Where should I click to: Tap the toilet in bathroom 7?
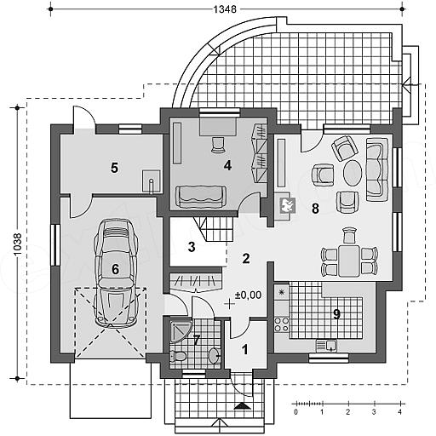[178, 356]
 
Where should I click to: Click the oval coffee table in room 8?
[353, 173]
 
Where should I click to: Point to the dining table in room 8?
[349, 261]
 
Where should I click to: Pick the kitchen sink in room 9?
[326, 346]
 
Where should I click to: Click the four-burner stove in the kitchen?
[281, 324]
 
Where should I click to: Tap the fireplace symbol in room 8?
[287, 205]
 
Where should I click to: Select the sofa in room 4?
[201, 197]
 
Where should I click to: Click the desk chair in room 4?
[218, 145]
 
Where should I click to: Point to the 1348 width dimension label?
[225, 9]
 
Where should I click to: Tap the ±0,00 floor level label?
[248, 295]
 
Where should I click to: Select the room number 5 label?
[114, 168]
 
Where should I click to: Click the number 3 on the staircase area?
[192, 247]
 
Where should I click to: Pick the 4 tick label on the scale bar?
[400, 412]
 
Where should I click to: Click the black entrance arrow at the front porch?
[243, 406]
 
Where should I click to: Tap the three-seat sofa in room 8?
[377, 169]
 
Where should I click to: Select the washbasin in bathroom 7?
[215, 356]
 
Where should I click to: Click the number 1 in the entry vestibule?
[244, 349]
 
